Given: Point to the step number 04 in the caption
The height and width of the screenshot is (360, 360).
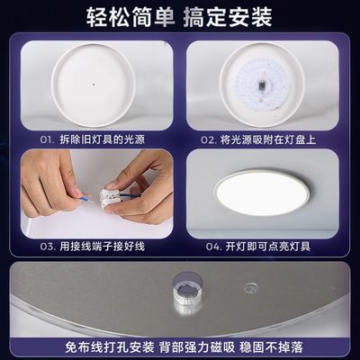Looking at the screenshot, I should [x=211, y=245].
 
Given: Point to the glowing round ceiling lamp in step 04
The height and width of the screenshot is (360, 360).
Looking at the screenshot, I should [x=265, y=193].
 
